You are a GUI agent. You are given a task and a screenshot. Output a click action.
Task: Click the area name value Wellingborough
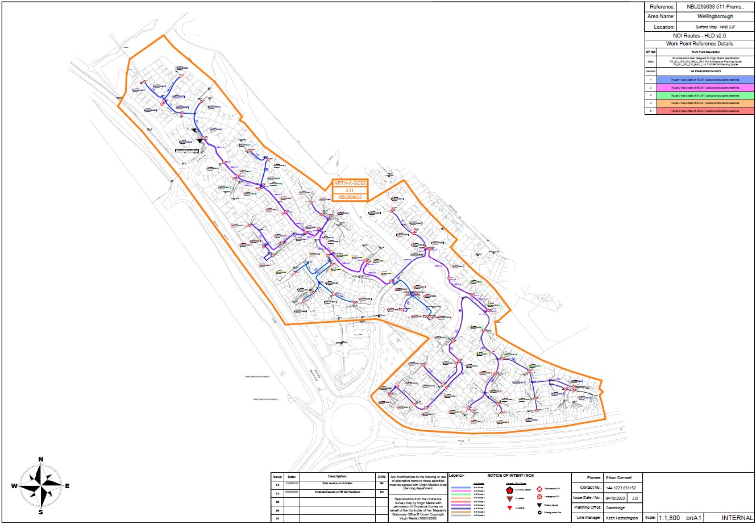pyautogui.click(x=715, y=16)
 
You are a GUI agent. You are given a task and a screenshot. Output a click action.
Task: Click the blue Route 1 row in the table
pyautogui.click(x=705, y=80)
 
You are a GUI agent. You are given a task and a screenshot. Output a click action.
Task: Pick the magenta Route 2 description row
pyautogui.click(x=705, y=88)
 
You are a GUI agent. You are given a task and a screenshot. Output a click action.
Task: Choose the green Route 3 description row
pyautogui.click(x=705, y=96)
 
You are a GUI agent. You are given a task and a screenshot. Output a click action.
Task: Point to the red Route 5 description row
pyautogui.click(x=705, y=111)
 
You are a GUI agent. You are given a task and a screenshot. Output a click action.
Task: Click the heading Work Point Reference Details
pyautogui.click(x=699, y=44)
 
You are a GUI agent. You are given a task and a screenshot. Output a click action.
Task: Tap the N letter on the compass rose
pyautogui.click(x=40, y=459)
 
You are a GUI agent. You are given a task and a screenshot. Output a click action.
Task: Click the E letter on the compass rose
pyautogui.click(x=67, y=486)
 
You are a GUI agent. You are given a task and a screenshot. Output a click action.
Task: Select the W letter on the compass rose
pyautogui.click(x=14, y=486)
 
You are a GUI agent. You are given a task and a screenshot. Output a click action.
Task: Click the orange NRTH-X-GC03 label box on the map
pyautogui.click(x=350, y=183)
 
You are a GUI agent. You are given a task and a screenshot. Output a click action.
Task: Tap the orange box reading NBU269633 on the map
pyautogui.click(x=350, y=197)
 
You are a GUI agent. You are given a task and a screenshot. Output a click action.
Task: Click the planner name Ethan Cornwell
pyautogui.click(x=619, y=477)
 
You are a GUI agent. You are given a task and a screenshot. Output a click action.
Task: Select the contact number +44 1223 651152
pyautogui.click(x=621, y=488)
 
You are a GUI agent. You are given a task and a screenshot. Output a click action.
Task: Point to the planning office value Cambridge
pyautogui.click(x=615, y=508)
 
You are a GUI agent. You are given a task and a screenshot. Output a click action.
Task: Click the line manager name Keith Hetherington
pyautogui.click(x=622, y=518)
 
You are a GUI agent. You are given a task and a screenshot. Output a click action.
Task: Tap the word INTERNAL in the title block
pyautogui.click(x=737, y=518)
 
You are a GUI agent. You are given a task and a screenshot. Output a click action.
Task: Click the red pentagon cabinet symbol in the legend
pyautogui.click(x=509, y=489)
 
